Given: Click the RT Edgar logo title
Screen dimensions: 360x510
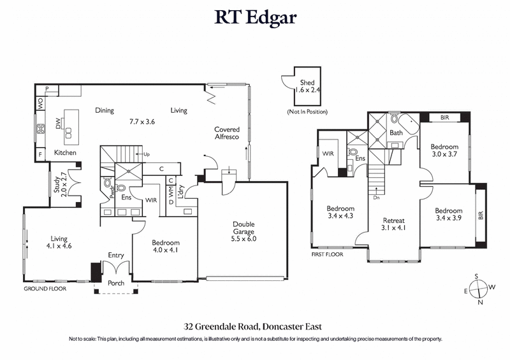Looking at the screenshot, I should [x=255, y=17].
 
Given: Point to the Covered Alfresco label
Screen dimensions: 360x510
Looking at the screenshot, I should [x=227, y=133].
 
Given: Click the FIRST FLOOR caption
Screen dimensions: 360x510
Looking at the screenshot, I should [x=328, y=254].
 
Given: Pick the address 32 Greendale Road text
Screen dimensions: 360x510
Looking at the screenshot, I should [x=255, y=326].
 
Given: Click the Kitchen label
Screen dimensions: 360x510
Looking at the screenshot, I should [x=64, y=153].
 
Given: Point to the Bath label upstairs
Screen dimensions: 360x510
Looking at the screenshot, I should [x=397, y=133].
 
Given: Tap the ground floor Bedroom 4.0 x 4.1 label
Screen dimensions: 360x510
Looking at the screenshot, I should [x=166, y=247].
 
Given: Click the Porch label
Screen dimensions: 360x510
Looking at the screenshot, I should [x=115, y=284].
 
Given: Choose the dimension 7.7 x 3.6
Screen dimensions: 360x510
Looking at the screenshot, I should [x=142, y=121].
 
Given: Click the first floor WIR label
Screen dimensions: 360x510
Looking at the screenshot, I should [x=329, y=154].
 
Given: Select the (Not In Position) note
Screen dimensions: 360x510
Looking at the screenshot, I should [x=308, y=112].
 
